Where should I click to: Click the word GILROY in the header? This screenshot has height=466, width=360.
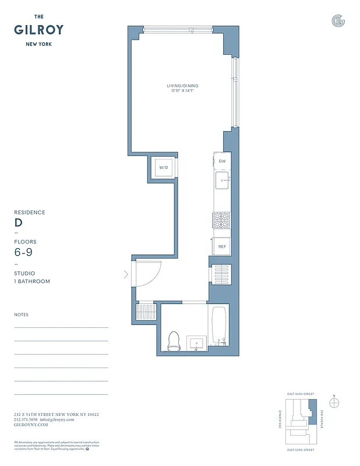pyautogui.click(x=39, y=30)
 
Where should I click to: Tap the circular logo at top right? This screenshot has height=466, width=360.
pyautogui.click(x=338, y=22)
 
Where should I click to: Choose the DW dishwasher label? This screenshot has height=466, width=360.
pyautogui.click(x=222, y=161)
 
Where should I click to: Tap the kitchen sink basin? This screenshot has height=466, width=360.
pyautogui.click(x=221, y=181)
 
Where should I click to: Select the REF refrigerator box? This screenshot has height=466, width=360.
pyautogui.click(x=221, y=246)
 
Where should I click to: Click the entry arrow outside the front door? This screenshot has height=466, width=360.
pyautogui.click(x=126, y=274)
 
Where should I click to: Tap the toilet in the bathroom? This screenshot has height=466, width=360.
pyautogui.click(x=173, y=341)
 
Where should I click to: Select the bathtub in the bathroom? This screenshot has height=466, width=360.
pyautogui.click(x=218, y=327)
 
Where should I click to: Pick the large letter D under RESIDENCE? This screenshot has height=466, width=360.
pyautogui.click(x=18, y=223)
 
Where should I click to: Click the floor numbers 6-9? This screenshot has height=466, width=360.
pyautogui.click(x=23, y=252)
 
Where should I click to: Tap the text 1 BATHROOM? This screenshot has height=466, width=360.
pyautogui.click(x=32, y=281)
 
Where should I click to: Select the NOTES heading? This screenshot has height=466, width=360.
pyautogui.click(x=21, y=315)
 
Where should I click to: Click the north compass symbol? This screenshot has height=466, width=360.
pyautogui.click(x=334, y=403)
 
